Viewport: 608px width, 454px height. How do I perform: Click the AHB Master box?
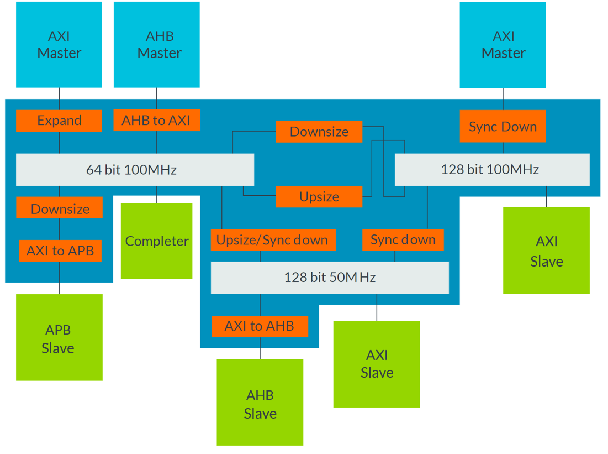click(157, 45)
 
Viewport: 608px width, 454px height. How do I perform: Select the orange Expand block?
click(59, 121)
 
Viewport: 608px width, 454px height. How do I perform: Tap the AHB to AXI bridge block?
click(156, 121)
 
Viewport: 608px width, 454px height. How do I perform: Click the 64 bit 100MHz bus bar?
click(135, 169)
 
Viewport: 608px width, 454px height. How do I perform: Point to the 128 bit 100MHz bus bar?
click(492, 169)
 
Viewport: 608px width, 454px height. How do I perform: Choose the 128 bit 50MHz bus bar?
click(330, 277)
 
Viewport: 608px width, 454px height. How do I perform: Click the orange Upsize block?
click(319, 197)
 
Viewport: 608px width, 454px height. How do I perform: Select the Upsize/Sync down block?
click(272, 240)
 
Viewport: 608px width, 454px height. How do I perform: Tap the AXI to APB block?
click(60, 251)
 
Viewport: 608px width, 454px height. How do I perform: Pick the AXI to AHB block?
click(260, 326)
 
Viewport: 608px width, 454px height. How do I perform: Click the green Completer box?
click(157, 241)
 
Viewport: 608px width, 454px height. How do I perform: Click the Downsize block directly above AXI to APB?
click(59, 208)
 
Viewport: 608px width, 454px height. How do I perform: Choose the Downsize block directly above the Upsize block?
click(319, 132)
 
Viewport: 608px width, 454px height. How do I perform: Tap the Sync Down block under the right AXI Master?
click(503, 127)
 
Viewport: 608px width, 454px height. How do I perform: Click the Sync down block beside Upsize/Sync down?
click(403, 240)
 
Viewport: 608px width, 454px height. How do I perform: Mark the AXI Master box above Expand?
click(59, 45)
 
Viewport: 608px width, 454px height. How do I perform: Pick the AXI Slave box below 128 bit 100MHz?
click(546, 251)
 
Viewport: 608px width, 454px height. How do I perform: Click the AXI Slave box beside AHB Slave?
click(377, 364)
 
